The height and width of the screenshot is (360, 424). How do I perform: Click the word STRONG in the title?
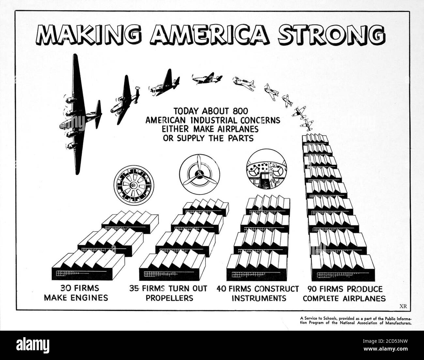coord(331,35)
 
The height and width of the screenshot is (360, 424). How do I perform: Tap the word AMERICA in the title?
coord(210,35)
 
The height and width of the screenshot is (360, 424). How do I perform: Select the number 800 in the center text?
coord(240,111)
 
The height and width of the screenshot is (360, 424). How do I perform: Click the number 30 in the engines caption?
coord(66,288)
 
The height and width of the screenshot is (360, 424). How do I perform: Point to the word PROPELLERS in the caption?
coord(169,298)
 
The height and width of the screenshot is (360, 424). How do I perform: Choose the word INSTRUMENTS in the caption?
coord(259,298)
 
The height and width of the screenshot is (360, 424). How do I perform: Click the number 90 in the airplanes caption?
coord(312,289)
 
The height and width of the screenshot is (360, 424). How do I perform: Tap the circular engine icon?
coord(134,185)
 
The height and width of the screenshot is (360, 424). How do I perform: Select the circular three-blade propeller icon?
coord(199,174)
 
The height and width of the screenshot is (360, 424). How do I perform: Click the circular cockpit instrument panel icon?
coord(266,169)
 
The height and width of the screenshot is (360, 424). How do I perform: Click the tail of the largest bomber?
coord(98,114)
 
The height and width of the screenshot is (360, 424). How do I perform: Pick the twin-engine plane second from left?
coord(125,100)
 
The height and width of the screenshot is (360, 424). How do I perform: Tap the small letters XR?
coord(403,307)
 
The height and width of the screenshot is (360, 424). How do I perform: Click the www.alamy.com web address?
coord(386,349)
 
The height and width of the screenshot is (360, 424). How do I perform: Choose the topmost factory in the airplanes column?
coord(315,140)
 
